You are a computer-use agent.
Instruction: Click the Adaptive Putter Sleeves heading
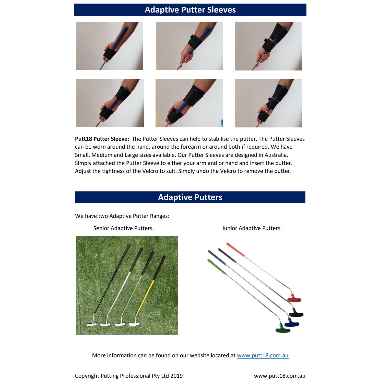click(x=190, y=10)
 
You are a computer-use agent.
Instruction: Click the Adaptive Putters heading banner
click(x=190, y=197)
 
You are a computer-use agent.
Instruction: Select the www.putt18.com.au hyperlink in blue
click(x=263, y=355)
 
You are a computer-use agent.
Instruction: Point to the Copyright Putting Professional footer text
click(x=129, y=376)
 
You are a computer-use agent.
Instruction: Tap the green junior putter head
click(x=282, y=328)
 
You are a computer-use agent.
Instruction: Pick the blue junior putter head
click(x=291, y=323)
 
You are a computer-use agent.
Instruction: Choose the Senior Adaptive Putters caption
click(x=123, y=228)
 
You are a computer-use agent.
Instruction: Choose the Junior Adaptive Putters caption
click(x=252, y=228)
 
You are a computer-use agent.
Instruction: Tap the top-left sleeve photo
click(x=110, y=46)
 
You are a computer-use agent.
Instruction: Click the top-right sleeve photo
click(x=268, y=46)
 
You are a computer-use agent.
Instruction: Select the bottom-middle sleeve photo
click(x=189, y=103)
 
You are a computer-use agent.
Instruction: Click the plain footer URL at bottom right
click(x=279, y=376)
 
